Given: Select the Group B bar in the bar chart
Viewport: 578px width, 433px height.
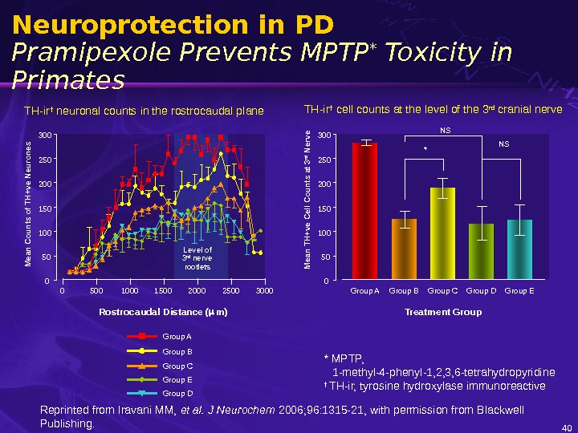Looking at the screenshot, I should pos(404,249).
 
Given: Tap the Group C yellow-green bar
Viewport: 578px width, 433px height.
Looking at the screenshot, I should pos(442,233).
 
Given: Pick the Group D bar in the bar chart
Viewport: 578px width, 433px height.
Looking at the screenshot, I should pos(481,252).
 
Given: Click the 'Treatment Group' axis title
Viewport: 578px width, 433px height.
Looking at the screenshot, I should pos(443,311).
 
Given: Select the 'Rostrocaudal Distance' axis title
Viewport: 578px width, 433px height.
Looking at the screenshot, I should pos(163,311).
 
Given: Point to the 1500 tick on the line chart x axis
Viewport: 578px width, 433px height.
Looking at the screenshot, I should pos(163,290).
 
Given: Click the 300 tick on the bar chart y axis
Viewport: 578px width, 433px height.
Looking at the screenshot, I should pos(323,136).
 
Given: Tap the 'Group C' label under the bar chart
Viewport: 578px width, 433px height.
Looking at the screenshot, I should pos(442,290).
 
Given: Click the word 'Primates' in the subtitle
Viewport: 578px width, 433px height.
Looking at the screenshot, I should pos(69,80).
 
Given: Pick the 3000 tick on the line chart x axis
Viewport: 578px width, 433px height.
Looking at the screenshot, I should pos(264,290).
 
